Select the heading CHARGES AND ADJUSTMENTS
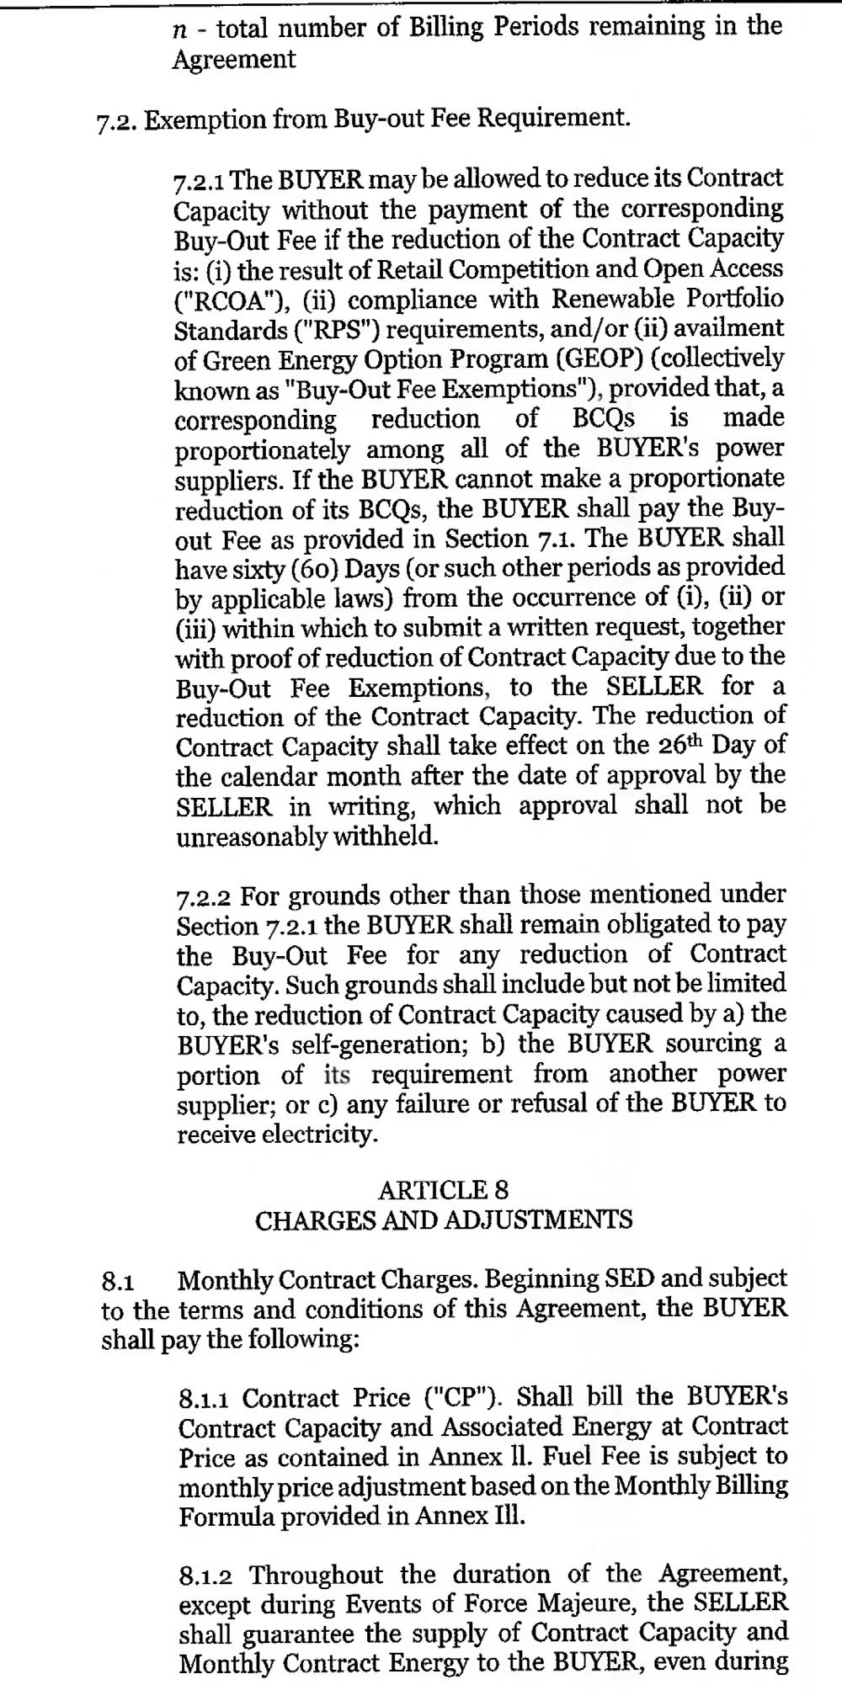[x=443, y=1220]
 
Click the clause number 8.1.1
[x=207, y=1400]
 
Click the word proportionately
[x=262, y=450]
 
